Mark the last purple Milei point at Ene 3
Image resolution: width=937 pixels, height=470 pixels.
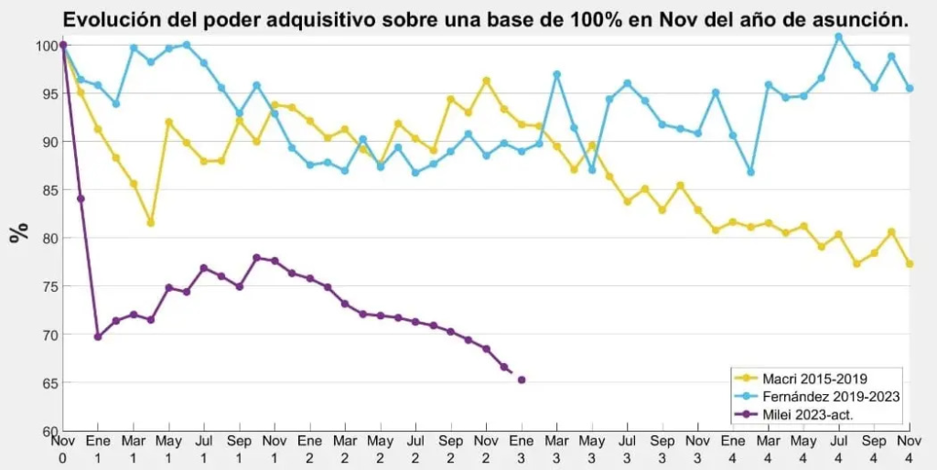point(522,379)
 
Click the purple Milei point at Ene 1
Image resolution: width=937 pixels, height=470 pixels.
point(98,336)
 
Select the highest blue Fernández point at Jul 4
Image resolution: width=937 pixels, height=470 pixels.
point(839,37)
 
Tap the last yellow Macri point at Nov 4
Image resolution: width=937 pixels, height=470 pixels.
point(910,264)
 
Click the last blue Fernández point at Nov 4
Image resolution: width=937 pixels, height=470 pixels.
point(910,89)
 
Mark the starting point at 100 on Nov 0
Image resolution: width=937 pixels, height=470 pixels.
point(62,45)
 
